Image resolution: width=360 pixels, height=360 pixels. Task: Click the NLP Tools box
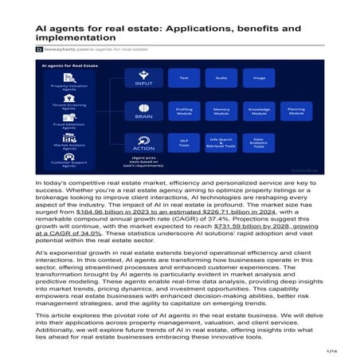point(184,143)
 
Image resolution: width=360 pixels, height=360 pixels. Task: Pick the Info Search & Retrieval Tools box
point(221,143)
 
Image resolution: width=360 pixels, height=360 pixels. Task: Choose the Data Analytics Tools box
point(259,143)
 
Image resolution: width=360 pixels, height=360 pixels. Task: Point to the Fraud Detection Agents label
point(70,126)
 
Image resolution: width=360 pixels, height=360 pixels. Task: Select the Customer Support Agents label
point(70,164)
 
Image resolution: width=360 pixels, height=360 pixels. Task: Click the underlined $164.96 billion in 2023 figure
point(115,213)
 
